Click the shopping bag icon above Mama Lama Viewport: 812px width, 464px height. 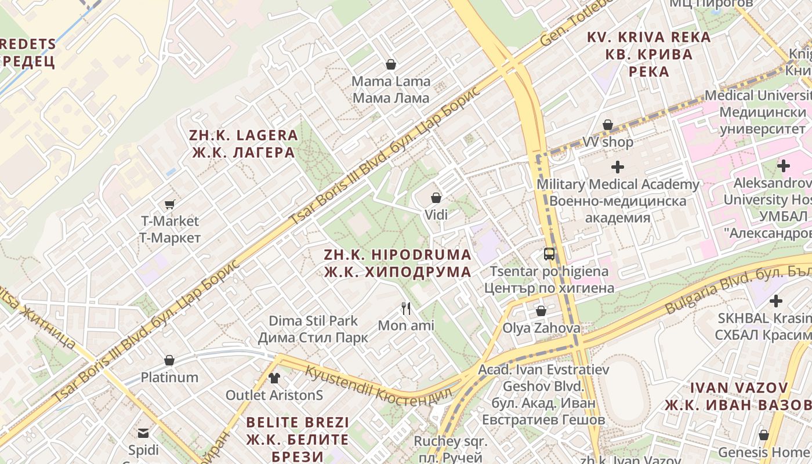point(391,64)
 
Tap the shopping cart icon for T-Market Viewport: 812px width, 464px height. point(170,204)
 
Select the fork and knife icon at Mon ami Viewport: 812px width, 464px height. point(406,308)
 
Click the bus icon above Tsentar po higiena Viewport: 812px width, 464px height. point(549,254)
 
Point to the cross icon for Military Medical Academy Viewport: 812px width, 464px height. point(618,167)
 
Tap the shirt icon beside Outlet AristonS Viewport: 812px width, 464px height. point(274,378)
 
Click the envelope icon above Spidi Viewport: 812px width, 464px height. point(143,433)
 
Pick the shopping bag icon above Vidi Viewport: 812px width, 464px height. point(436,198)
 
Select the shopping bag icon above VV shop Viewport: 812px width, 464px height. point(608,125)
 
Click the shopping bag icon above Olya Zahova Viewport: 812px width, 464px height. point(541,311)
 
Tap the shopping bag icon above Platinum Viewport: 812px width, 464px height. point(169,360)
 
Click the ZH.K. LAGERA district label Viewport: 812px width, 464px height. point(243,144)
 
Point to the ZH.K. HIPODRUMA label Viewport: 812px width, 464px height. point(397,263)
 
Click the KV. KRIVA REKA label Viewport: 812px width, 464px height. point(648,54)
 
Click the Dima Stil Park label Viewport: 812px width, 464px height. point(313,329)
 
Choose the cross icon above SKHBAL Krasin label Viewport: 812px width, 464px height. point(775,301)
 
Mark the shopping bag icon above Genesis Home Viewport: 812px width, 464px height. point(764,435)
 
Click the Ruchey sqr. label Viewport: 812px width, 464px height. point(450,448)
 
